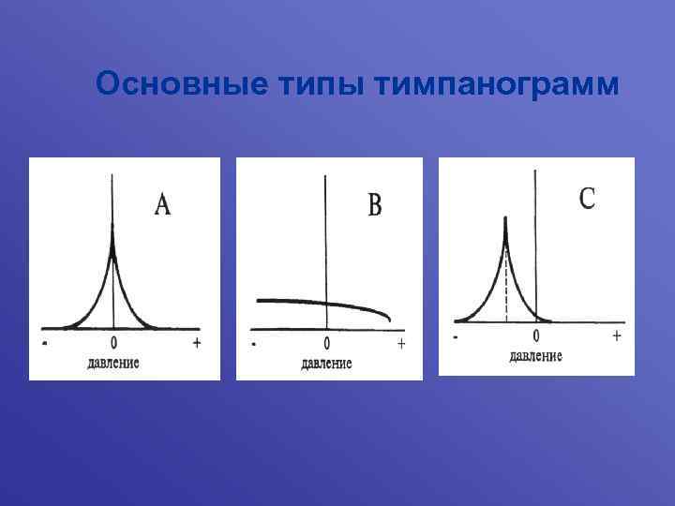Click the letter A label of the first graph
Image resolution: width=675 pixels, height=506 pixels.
pos(162,205)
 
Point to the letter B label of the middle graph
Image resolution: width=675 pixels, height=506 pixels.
pos(375,205)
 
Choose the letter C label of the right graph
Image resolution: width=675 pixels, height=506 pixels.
pos(587,198)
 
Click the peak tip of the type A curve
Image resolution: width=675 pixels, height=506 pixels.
pos(113,234)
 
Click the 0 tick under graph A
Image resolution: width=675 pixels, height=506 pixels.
pos(114,344)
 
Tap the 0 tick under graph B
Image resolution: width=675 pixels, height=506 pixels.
pos(326,344)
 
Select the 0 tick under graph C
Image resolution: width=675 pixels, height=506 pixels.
pos(536,335)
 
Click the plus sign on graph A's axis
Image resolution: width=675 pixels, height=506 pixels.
pos(197,343)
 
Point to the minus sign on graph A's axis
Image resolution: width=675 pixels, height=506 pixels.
pos(45,344)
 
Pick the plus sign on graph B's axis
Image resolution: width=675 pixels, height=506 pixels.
pos(401,344)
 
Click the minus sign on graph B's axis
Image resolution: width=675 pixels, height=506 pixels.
pos(254,344)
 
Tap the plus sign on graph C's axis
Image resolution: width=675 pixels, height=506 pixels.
pos(616,335)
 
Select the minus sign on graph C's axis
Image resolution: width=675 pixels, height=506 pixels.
pos(456,336)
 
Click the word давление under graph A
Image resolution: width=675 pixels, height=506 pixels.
pos(113,362)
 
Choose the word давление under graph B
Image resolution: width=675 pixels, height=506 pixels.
pos(326,363)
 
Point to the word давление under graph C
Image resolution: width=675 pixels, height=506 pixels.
pos(536,355)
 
